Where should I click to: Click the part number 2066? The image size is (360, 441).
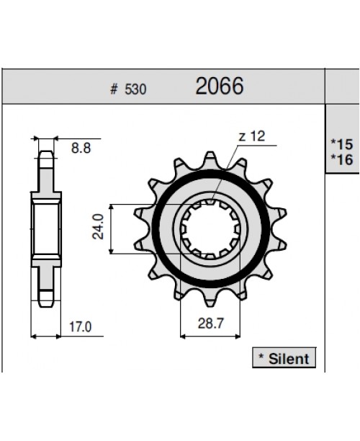click(220, 87)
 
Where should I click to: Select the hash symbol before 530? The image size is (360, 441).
click(114, 91)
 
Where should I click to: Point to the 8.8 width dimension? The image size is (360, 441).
click(81, 149)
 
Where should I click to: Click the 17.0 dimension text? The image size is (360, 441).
click(81, 326)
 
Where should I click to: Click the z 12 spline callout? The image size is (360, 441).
click(252, 136)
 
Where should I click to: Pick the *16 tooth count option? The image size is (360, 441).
click(342, 159)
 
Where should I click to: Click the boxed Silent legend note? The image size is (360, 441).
click(284, 358)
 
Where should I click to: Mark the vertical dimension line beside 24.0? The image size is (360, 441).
click(110, 228)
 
